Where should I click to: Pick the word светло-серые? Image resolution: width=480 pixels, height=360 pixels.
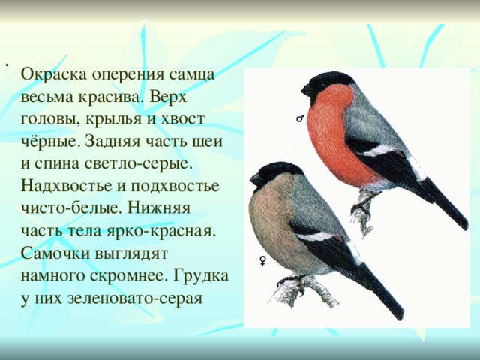(138, 164)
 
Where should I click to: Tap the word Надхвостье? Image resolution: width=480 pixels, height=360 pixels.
(66, 186)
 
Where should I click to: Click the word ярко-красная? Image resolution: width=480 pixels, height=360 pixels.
(159, 231)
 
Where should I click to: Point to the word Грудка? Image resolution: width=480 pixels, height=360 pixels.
(201, 276)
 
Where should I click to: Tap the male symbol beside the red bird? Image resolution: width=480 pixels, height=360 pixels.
(300, 118)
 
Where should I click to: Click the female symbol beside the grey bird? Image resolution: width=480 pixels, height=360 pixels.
(262, 261)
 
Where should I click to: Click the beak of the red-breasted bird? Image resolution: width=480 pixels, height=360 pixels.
(307, 90)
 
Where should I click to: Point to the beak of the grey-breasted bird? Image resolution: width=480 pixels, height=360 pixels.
(256, 179)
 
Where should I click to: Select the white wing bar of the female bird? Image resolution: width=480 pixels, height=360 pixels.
(315, 236)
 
